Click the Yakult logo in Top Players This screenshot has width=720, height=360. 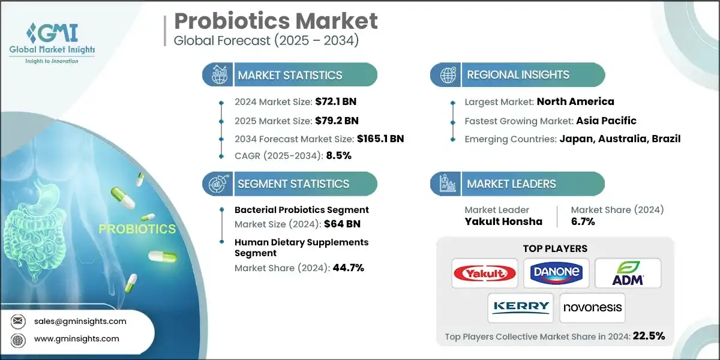point(484,274)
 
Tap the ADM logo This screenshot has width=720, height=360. point(628,274)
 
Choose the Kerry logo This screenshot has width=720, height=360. point(520,308)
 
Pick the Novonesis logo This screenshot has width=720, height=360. point(592,308)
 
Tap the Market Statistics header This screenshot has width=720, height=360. point(290,75)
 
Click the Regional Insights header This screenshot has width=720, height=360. point(518,75)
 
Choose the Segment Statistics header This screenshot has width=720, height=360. point(293,184)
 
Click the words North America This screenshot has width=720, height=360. point(575,101)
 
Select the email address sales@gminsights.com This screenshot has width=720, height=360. point(80,321)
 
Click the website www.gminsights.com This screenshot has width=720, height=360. point(77,338)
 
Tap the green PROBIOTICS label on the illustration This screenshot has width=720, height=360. point(137,229)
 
